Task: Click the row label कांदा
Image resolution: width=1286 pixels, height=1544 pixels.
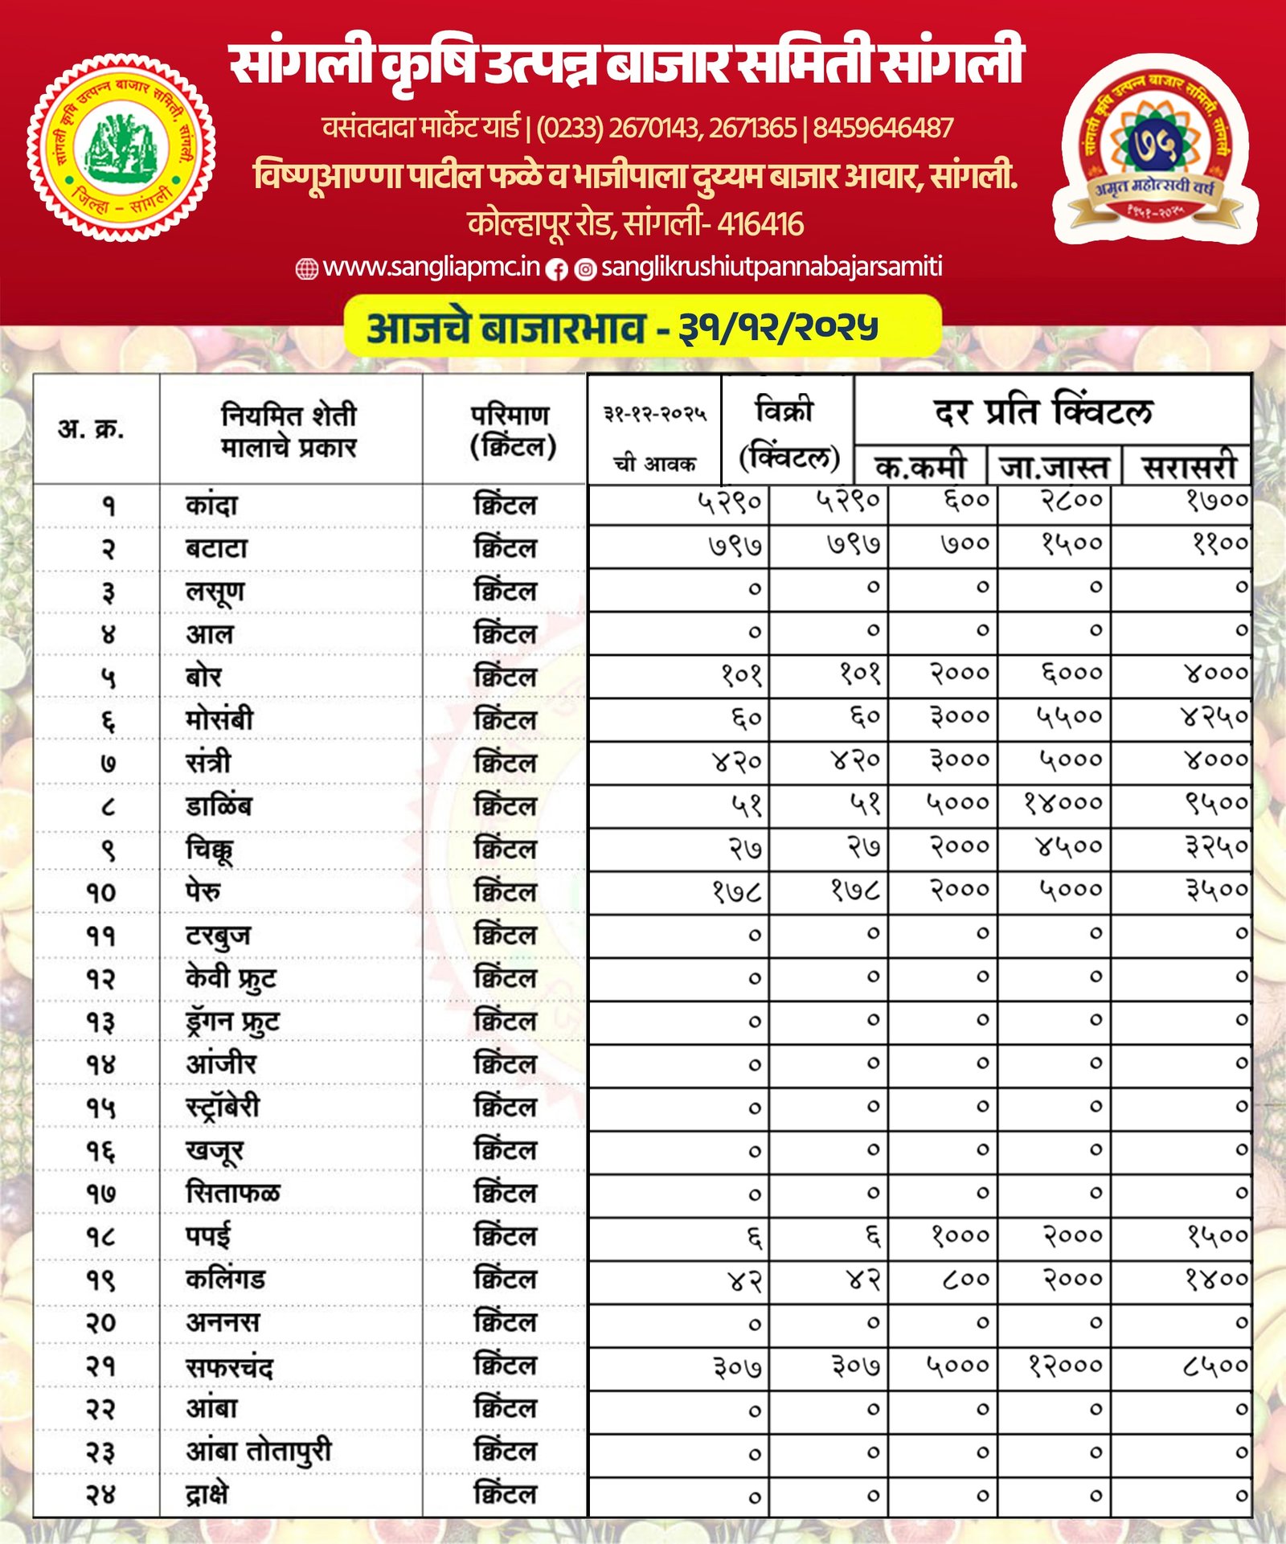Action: tap(211, 506)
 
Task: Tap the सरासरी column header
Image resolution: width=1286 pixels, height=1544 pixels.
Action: tap(1189, 467)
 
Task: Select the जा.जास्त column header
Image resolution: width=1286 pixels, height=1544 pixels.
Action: tap(1054, 467)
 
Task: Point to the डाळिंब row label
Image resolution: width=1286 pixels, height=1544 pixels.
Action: tap(219, 806)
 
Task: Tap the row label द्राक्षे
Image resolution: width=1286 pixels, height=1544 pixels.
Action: tap(207, 1493)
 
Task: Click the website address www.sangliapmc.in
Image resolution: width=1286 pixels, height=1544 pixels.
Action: tap(431, 267)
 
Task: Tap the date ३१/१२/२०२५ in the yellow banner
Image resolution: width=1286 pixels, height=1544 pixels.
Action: tap(778, 326)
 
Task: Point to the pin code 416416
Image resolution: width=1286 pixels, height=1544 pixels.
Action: tap(760, 224)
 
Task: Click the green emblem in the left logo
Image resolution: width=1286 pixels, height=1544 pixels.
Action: tap(121, 148)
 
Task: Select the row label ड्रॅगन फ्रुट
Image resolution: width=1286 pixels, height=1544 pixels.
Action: tap(232, 1022)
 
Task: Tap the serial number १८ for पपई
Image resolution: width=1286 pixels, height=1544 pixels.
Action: tap(101, 1237)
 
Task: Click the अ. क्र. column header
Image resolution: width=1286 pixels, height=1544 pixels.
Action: tap(92, 429)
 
